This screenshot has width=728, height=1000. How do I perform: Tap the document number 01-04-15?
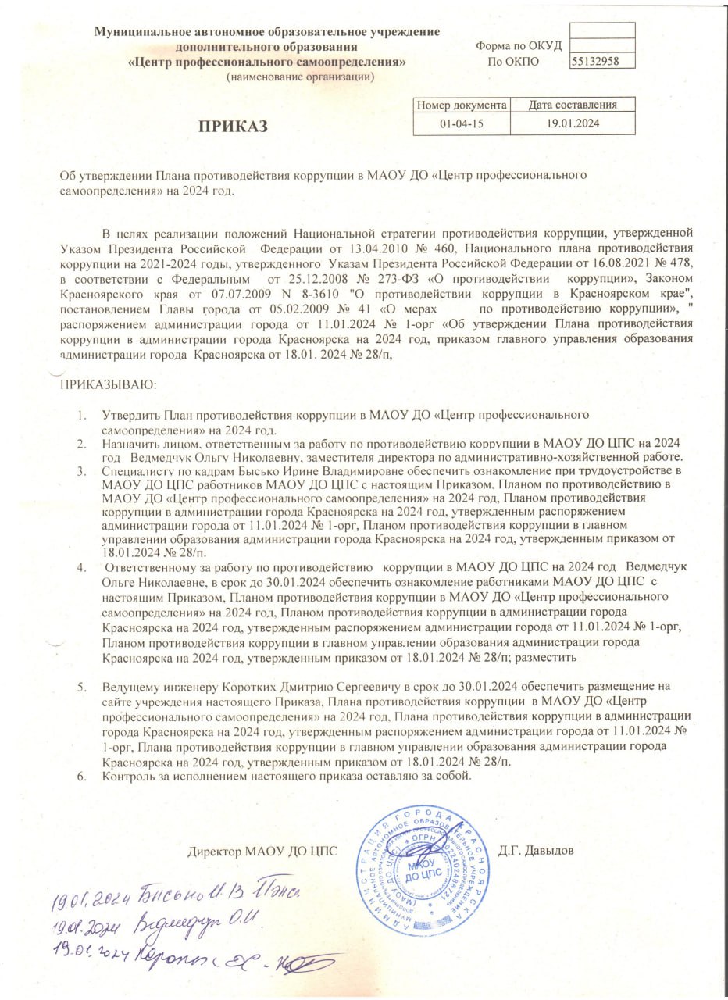(x=461, y=123)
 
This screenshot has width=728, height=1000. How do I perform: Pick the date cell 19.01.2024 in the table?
(x=573, y=123)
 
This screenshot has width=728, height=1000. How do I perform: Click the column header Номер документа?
(x=461, y=105)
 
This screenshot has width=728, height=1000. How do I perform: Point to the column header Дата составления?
(x=573, y=105)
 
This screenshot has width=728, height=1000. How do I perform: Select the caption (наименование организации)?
(x=301, y=77)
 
